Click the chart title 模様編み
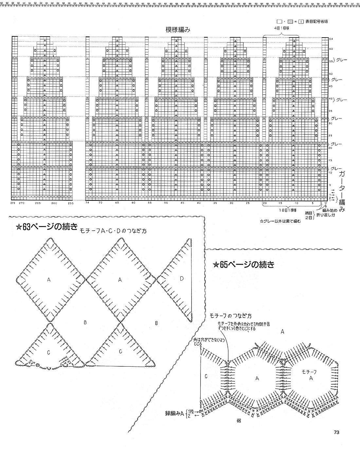click(178, 29)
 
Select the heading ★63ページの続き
click(46, 226)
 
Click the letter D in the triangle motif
click(182, 279)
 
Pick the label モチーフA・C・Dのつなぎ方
click(113, 231)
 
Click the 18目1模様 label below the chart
click(288, 209)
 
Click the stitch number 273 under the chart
click(13, 203)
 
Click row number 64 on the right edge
click(331, 39)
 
